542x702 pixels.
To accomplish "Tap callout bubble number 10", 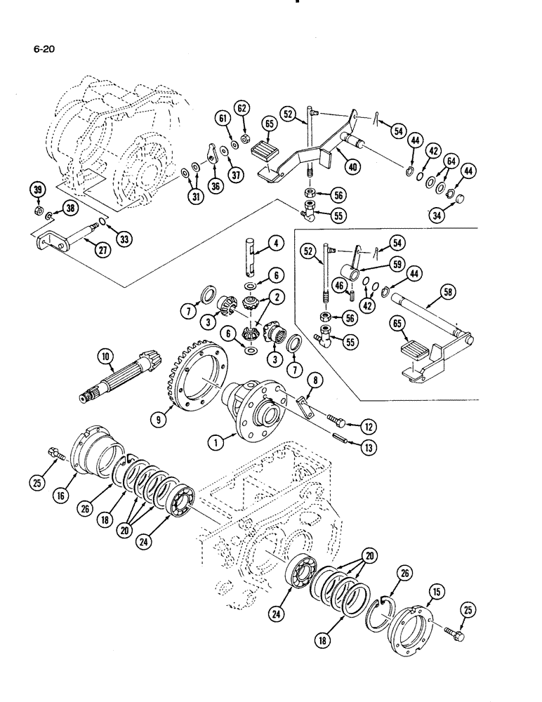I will (106, 358).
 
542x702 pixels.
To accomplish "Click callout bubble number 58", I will (448, 291).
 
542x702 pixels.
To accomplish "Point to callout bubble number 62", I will (242, 109).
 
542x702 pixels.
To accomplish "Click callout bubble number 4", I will (277, 245).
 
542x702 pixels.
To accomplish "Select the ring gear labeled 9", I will (193, 379).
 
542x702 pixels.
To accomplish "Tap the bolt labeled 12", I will (327, 423).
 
